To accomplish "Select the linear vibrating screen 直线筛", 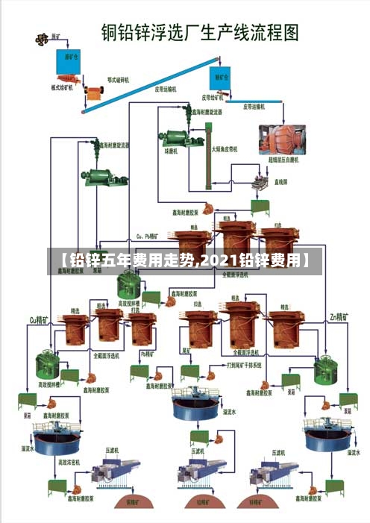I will pyautogui.click(x=260, y=179).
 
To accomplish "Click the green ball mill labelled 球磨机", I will pyautogui.click(x=174, y=140).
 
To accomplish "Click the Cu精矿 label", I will pyautogui.click(x=38, y=319).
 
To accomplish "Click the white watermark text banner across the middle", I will pyautogui.click(x=185, y=260).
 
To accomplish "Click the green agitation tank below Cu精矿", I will pyautogui.click(x=48, y=363).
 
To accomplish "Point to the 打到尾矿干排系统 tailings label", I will pyautogui.click(x=245, y=366).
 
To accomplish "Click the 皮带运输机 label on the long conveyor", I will pyautogui.click(x=165, y=87).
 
